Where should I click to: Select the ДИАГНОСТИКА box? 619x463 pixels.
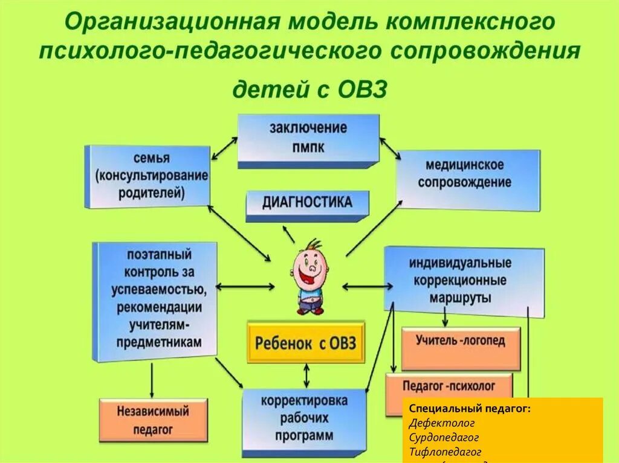tap(307, 203)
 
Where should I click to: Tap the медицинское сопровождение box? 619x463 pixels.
tap(468, 173)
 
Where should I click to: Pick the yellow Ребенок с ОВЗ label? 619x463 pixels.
tap(305, 343)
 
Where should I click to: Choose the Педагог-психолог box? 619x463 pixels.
tap(449, 385)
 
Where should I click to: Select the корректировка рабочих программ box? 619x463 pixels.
tap(303, 418)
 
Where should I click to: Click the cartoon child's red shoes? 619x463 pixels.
tap(310, 310)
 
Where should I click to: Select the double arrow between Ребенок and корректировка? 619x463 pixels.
tap(307, 375)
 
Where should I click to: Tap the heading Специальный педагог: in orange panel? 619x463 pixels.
tap(470, 409)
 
